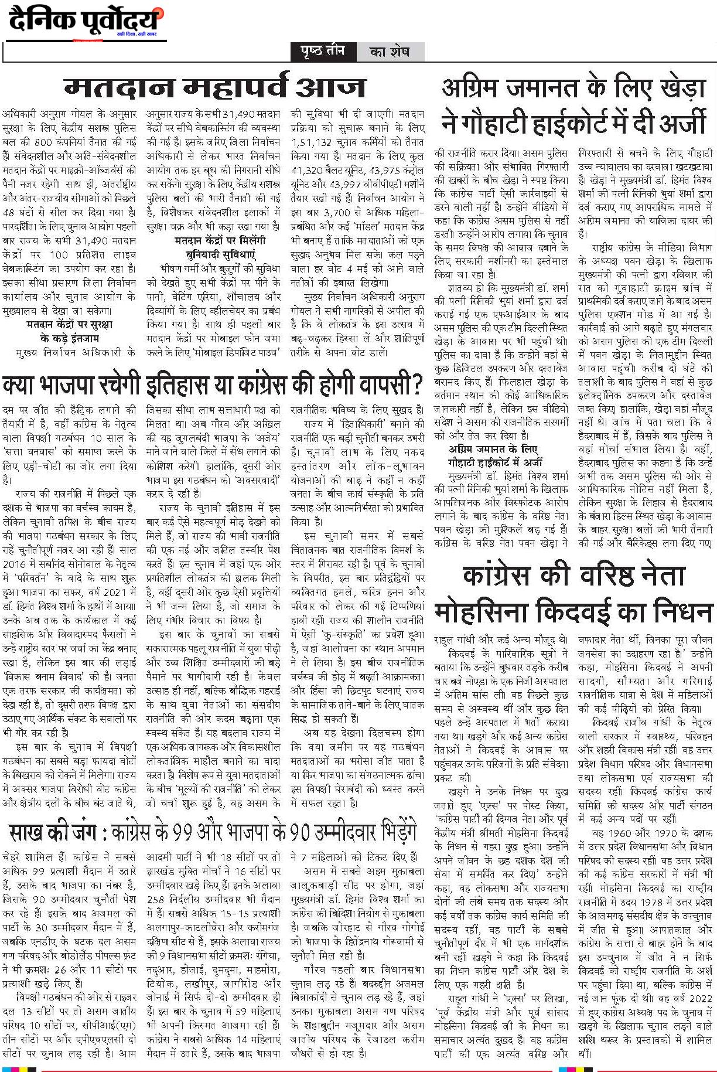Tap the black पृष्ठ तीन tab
pyautogui.click(x=323, y=52)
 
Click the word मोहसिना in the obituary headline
pyautogui.click(x=489, y=613)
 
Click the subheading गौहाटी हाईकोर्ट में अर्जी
pyautogui.click(x=496, y=462)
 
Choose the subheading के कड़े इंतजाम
pyautogui.click(x=70, y=338)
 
